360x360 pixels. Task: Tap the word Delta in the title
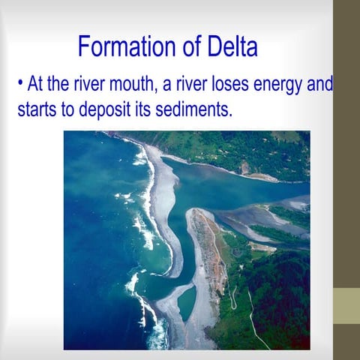[228, 48]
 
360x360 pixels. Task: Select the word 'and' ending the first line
[320, 84]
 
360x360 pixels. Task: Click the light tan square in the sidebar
[346, 306]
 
